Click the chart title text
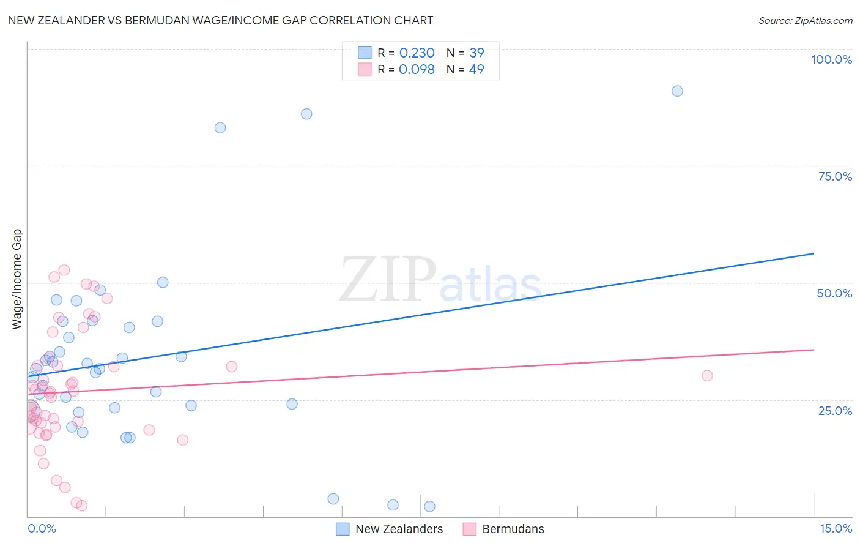point(220,20)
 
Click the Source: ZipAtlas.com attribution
point(805,20)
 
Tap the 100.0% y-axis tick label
point(831,59)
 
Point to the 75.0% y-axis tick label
point(835,176)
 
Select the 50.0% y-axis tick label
point(834,293)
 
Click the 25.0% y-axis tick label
point(835,410)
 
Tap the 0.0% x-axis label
point(42,528)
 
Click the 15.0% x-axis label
point(836,528)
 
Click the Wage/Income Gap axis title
point(17,279)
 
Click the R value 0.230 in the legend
point(417,53)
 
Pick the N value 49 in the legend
point(476,69)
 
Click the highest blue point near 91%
point(677,91)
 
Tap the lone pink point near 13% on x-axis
point(707,376)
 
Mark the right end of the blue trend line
point(814,253)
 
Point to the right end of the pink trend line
point(814,350)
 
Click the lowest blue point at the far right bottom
point(429,506)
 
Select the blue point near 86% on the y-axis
point(306,114)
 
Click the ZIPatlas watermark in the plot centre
point(440,280)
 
